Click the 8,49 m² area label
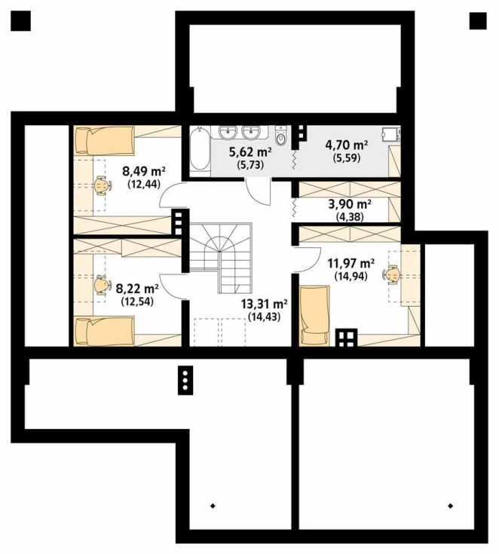(x=144, y=172)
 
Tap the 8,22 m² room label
(x=137, y=289)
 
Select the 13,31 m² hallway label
(x=264, y=304)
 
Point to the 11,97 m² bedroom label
(x=351, y=263)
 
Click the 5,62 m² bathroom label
(x=250, y=152)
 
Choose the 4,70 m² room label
(x=347, y=145)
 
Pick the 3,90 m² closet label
(x=350, y=204)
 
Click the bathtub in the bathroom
(x=199, y=149)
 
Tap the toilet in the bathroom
(x=281, y=136)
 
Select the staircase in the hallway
(x=221, y=257)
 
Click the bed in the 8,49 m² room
(x=104, y=140)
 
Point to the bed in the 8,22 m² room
(x=104, y=331)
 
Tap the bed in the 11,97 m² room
(x=314, y=316)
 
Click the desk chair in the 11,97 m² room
(x=391, y=274)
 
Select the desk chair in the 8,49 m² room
(x=103, y=185)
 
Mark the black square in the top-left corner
(x=20, y=20)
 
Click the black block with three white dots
(x=185, y=380)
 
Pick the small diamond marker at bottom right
(x=450, y=506)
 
